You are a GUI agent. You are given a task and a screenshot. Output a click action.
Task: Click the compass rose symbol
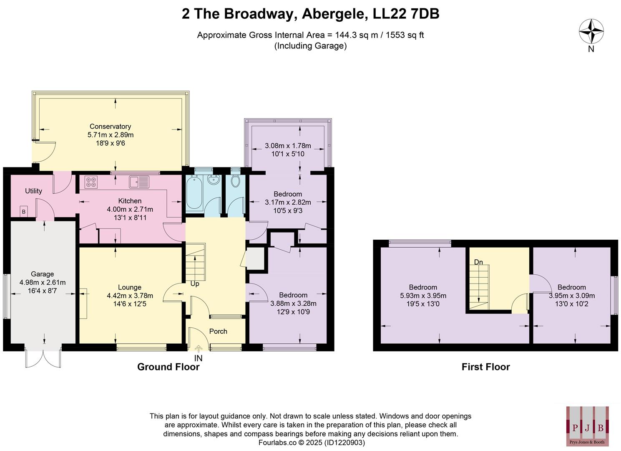[x=591, y=32]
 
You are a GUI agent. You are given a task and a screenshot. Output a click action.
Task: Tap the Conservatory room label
[x=110, y=127]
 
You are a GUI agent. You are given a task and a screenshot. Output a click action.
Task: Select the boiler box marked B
[x=24, y=212]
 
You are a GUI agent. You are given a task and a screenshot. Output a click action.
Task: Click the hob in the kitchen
[x=91, y=182]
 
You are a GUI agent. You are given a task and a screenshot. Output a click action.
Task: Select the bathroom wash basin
[x=214, y=181]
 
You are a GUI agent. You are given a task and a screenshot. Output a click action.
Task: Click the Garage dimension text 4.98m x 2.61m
[x=42, y=282]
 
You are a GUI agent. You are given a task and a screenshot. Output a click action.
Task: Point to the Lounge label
[x=130, y=287]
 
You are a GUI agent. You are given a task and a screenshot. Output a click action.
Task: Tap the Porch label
[x=218, y=331]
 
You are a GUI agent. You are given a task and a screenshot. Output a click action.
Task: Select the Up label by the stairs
[x=195, y=284]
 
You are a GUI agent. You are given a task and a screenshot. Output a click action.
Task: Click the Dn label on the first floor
[x=478, y=262]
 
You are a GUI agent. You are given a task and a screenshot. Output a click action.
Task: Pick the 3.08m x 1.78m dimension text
[x=288, y=146]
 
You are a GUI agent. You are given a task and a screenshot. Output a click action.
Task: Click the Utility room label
[x=33, y=191]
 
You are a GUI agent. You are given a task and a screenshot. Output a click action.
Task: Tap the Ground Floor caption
[x=168, y=367]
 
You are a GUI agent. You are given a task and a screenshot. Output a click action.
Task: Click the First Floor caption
[x=485, y=367]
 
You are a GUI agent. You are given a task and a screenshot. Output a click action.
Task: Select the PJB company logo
[x=587, y=425]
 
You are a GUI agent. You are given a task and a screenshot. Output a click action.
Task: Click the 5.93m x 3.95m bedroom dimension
[x=423, y=296]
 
